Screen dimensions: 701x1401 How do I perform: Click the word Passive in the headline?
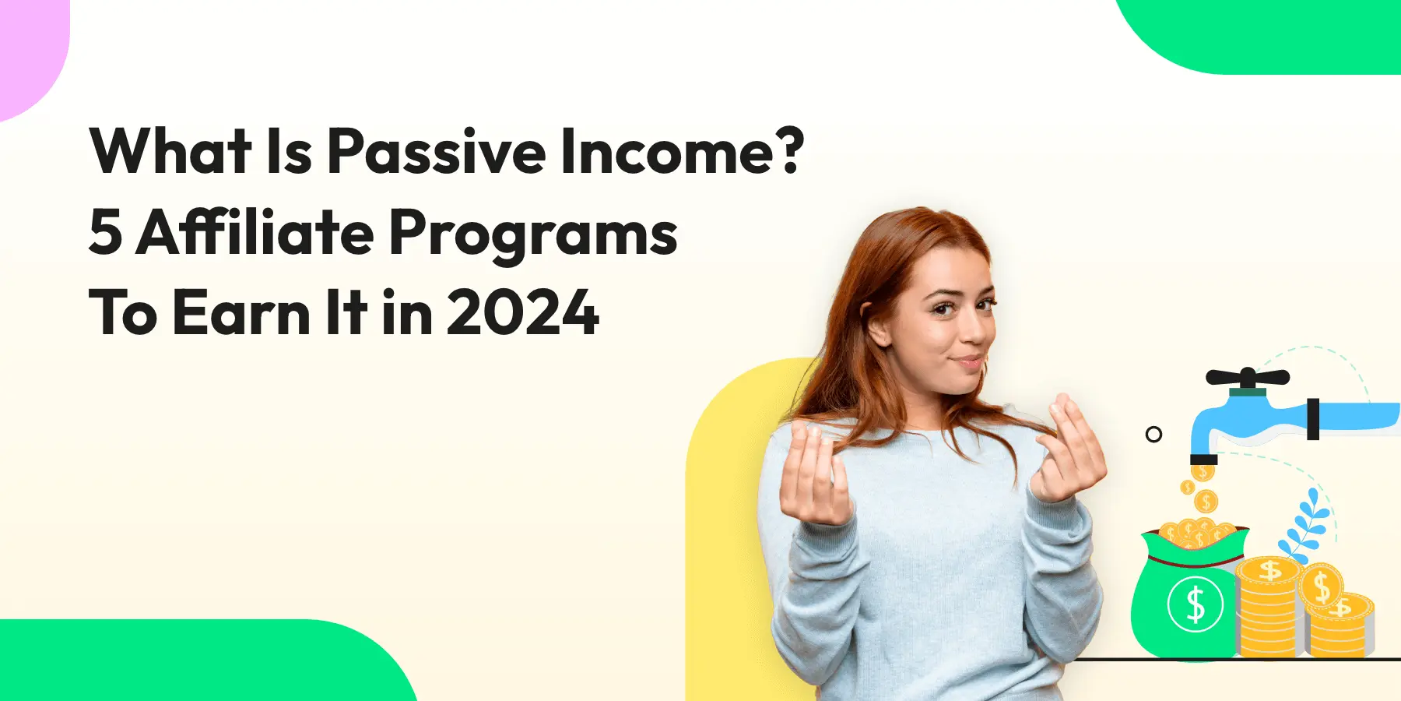point(436,151)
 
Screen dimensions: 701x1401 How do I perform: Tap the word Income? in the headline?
point(681,151)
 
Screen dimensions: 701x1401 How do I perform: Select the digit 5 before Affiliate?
point(105,232)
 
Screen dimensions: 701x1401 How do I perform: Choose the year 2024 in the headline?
point(522,313)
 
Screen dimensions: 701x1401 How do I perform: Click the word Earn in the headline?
point(241,313)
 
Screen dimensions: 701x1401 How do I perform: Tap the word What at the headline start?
point(170,151)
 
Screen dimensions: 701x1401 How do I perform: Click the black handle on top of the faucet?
point(1247,379)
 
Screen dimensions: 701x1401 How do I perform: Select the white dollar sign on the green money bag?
point(1196,604)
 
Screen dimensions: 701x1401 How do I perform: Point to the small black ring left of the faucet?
point(1153,435)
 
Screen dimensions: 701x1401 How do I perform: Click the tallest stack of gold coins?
point(1269,608)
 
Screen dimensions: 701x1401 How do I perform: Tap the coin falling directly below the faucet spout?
point(1203,472)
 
